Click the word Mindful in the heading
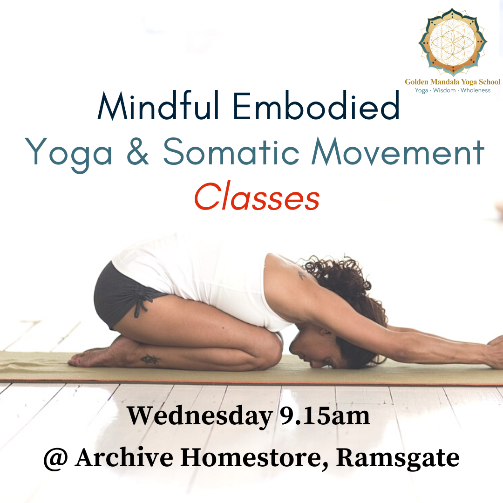pos(158,105)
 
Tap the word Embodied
pos(316,105)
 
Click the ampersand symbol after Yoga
pos(138,151)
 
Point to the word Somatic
pos(231,151)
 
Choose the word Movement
pos(398,151)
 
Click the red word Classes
pos(257,197)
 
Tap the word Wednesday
pos(199,416)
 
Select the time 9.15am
pos(325,416)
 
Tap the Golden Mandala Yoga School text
pos(452,82)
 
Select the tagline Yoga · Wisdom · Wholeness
pos(453,90)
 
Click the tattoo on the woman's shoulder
pos(302,275)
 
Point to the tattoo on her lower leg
pos(150,359)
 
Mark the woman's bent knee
pos(271,347)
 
